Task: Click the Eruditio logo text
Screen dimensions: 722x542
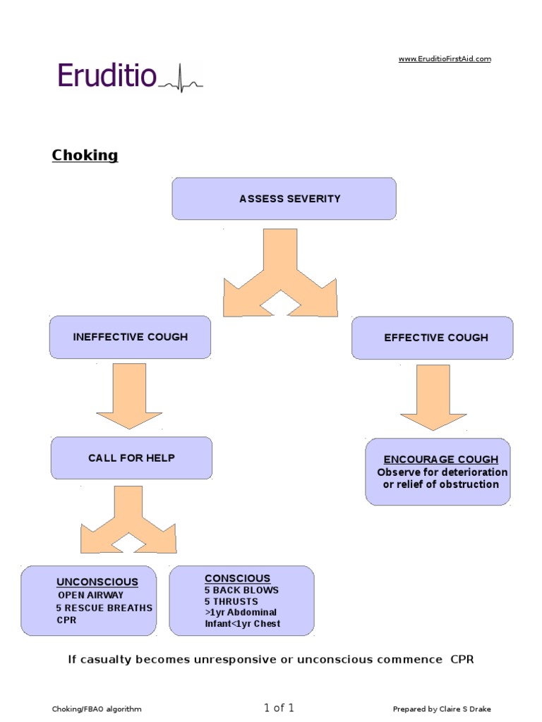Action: point(106,75)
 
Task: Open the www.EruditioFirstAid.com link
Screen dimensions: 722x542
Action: point(445,59)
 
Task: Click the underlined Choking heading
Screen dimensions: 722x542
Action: point(85,155)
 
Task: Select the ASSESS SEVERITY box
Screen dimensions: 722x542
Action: point(284,199)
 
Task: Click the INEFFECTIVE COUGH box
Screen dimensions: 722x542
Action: point(130,337)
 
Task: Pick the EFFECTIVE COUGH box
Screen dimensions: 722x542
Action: point(432,338)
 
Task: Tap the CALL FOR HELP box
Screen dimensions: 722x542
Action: point(131,458)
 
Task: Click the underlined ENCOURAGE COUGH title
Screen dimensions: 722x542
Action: point(440,459)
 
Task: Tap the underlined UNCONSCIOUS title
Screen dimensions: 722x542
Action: point(97,582)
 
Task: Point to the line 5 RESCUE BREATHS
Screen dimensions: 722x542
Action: point(104,608)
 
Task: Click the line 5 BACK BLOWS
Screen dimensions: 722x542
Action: point(241,590)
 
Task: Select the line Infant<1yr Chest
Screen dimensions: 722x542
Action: point(242,624)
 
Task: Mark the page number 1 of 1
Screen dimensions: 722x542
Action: point(279,708)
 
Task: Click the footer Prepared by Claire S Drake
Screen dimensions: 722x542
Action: point(442,709)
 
